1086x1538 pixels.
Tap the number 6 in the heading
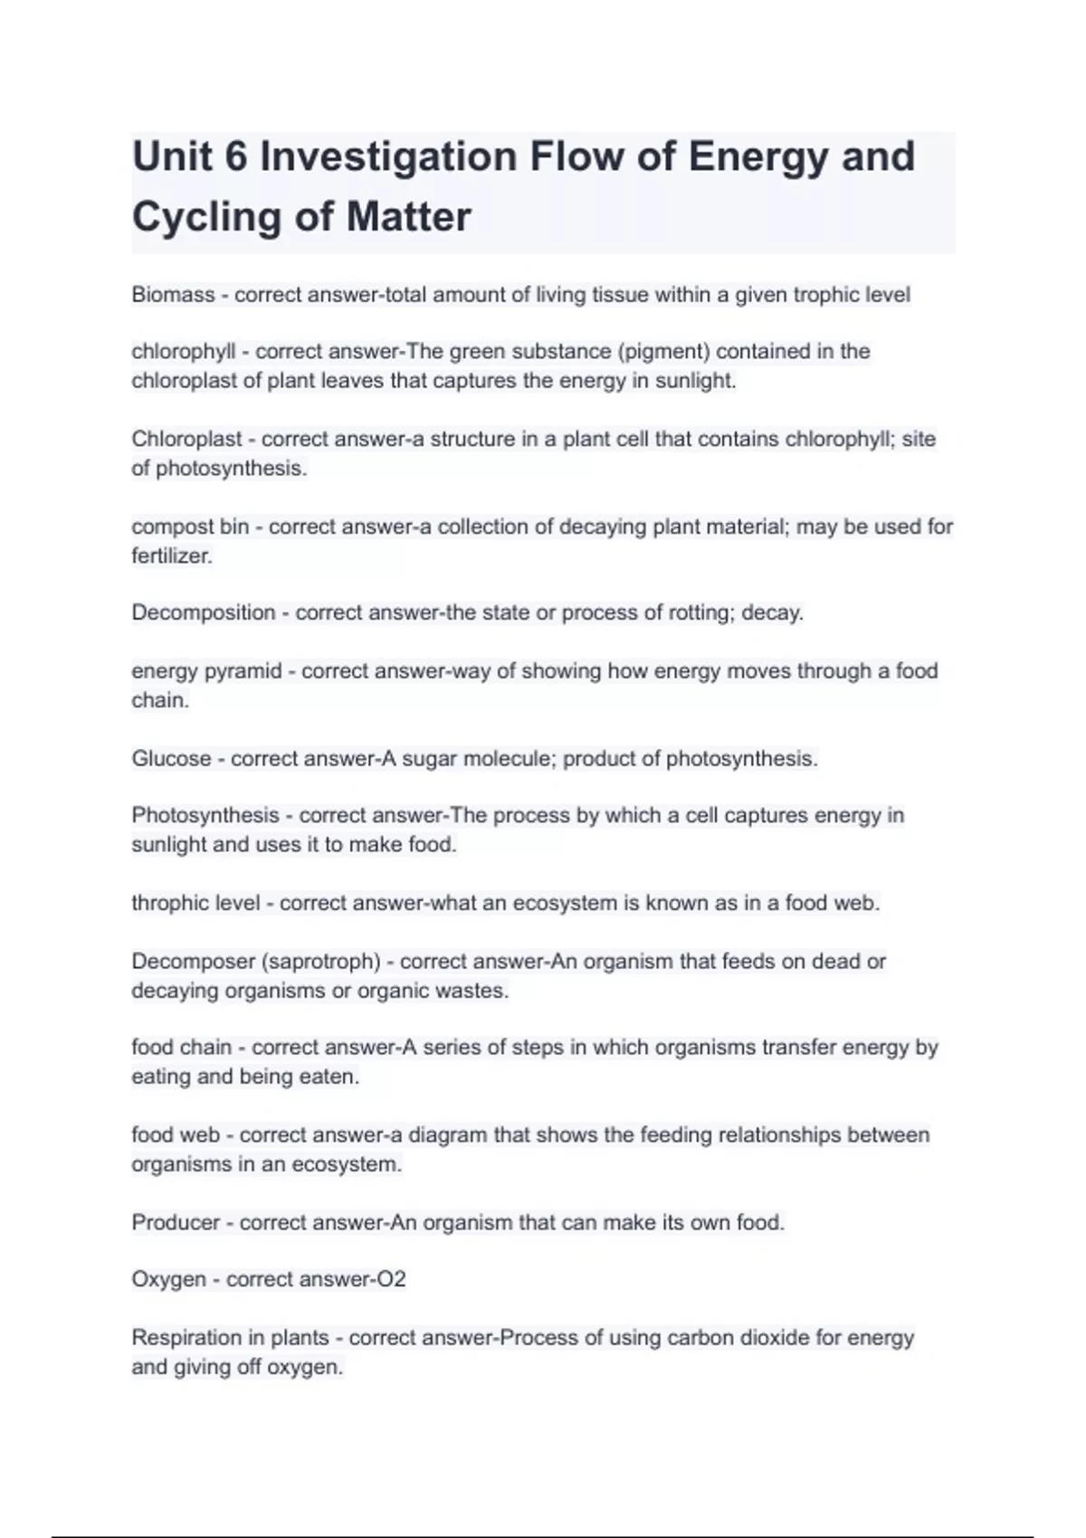(235, 157)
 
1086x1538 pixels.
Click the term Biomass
(173, 295)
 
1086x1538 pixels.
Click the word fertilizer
(171, 556)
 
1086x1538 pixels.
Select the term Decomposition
(203, 612)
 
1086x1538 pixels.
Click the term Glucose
(171, 759)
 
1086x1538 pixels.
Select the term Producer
(176, 1222)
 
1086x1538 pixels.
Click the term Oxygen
(168, 1279)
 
